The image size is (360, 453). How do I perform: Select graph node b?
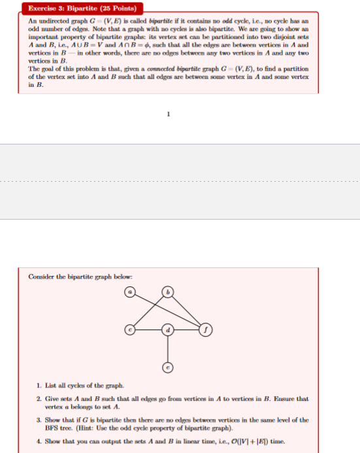[x=167, y=292]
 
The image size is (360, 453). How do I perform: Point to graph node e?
[x=167, y=367]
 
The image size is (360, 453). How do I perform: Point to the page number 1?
[x=169, y=114]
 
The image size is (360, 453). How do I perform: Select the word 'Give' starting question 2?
[x=54, y=398]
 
